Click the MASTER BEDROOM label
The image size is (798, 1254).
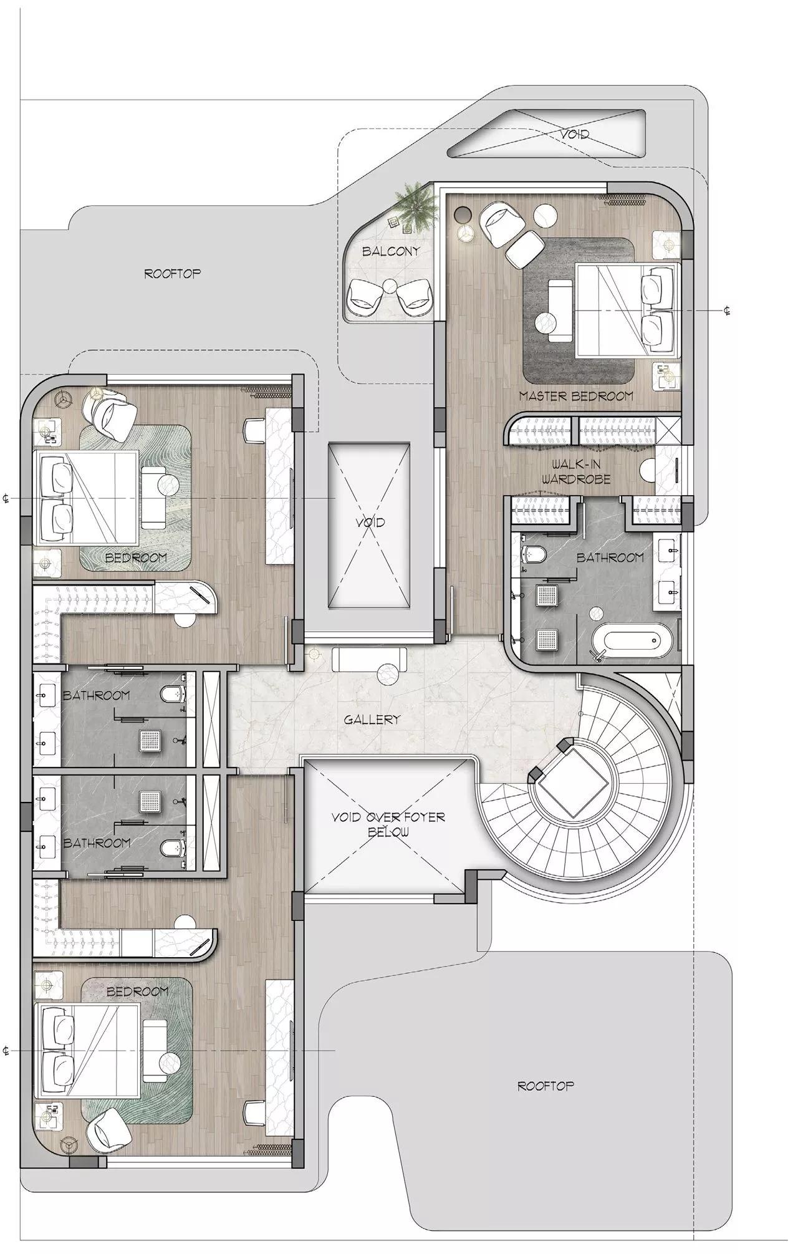(575, 395)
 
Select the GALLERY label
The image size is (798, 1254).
(372, 720)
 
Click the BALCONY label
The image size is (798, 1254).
(390, 251)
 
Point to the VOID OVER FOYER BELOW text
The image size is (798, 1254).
(388, 824)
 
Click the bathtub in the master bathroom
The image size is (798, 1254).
(631, 642)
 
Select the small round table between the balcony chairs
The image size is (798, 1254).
(390, 287)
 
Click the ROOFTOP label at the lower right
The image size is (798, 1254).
(546, 1086)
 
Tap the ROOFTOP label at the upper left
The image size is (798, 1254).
(173, 273)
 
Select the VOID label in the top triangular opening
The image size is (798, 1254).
(574, 133)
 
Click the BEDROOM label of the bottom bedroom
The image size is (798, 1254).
(137, 991)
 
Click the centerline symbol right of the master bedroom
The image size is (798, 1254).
(727, 311)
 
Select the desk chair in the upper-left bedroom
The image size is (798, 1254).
(254, 430)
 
